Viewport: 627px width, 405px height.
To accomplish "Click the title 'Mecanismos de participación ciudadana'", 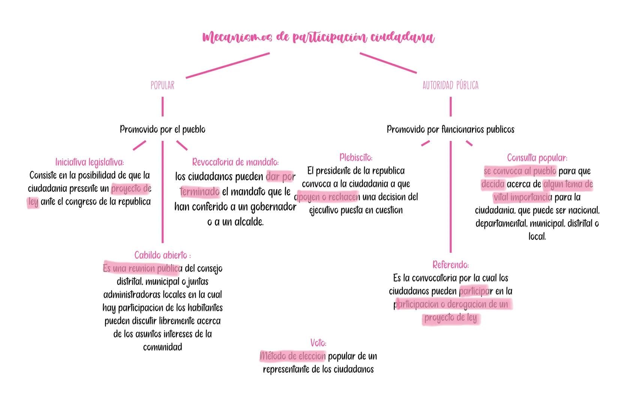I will [x=318, y=38].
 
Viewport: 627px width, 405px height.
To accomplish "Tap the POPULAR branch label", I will [x=162, y=85].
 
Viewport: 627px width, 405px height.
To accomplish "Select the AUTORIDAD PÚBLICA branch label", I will [x=450, y=85].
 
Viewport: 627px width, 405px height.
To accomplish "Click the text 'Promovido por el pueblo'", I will [x=162, y=129].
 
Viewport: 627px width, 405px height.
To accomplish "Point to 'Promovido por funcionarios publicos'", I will [x=450, y=129].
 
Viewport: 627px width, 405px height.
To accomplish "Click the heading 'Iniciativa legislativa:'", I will [x=90, y=162].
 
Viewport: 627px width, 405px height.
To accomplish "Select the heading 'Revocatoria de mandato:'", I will [x=235, y=162].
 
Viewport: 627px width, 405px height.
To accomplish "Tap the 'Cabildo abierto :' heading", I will [x=162, y=255].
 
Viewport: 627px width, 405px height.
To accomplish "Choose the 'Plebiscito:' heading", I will [x=355, y=157].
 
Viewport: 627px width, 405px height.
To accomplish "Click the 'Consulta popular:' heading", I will [x=537, y=157].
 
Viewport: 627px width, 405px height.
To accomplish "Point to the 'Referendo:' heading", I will [x=450, y=265].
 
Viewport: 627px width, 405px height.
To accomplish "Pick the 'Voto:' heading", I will [x=318, y=343].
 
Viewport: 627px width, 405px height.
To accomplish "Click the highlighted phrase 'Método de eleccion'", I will [x=293, y=356].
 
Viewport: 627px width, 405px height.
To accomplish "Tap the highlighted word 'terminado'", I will [x=200, y=192].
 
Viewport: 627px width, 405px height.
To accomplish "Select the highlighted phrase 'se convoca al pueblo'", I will [x=520, y=171].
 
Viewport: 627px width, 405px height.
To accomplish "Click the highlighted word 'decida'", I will [x=493, y=184].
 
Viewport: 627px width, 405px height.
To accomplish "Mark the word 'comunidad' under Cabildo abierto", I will [x=162, y=347].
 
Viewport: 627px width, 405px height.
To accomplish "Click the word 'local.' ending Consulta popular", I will [x=537, y=237].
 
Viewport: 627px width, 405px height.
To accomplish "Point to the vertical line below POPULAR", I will [x=162, y=106].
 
